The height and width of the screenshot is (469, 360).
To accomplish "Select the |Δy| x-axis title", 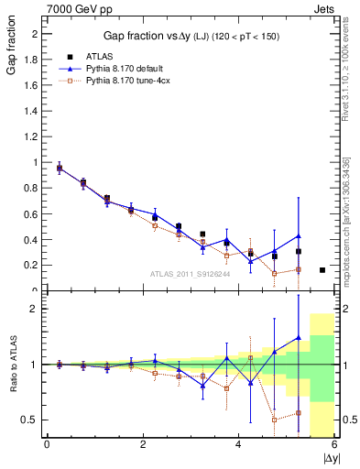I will (x=331, y=457).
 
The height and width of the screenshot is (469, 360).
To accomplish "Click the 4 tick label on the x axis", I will (x=238, y=444).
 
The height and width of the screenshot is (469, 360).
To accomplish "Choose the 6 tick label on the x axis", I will (x=333, y=444).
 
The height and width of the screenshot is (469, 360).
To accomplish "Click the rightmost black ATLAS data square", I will (x=322, y=270).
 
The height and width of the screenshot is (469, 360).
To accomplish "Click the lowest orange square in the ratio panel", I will (x=274, y=420).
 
